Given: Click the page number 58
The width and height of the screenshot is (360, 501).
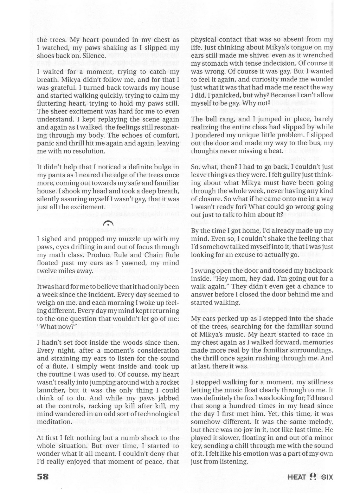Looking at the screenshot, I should click(x=43, y=477).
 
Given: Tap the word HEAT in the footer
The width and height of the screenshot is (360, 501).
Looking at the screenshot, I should click(x=297, y=477).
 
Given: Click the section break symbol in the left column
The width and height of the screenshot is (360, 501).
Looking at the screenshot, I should click(x=108, y=224).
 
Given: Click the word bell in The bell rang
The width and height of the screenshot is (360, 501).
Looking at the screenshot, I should click(x=210, y=119).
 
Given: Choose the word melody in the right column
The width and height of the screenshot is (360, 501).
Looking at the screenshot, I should click(x=321, y=422).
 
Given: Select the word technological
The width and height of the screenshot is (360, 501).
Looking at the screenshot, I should click(x=155, y=414).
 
